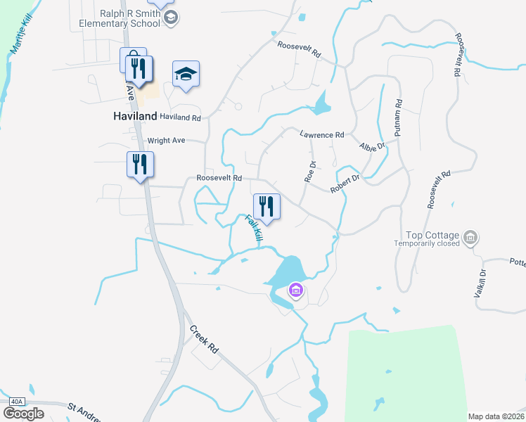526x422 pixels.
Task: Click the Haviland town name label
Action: (x=135, y=117)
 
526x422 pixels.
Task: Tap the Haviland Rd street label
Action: (x=180, y=117)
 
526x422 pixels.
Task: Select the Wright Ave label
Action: (x=166, y=140)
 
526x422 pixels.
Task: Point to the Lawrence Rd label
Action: (x=322, y=134)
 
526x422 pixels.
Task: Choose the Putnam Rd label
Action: (x=398, y=117)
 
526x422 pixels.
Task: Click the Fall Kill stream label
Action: (x=254, y=229)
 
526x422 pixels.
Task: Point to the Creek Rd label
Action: (x=204, y=339)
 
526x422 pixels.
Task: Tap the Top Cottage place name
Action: (x=432, y=236)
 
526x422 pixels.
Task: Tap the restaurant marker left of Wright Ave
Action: (x=139, y=165)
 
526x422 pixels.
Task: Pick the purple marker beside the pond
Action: (x=296, y=290)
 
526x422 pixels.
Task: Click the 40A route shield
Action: (x=16, y=402)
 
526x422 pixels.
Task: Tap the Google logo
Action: (x=23, y=413)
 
